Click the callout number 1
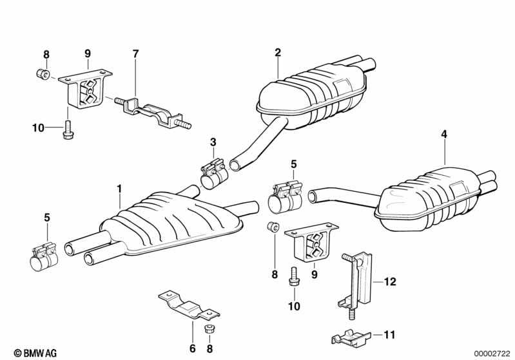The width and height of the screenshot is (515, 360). coord(119,189)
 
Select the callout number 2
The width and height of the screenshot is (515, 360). coord(278,52)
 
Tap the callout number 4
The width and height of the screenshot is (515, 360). coord(443,134)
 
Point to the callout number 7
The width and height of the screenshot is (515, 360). coord(135,53)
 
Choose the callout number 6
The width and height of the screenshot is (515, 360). coord(192,348)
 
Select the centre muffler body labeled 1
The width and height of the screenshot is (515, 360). coord(174,222)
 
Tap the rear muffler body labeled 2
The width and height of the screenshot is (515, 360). coord(309,100)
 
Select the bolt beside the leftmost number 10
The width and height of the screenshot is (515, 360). coord(68,131)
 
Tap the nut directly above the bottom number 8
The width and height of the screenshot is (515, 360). coord(209,329)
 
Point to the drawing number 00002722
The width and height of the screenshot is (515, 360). coord(491,352)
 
